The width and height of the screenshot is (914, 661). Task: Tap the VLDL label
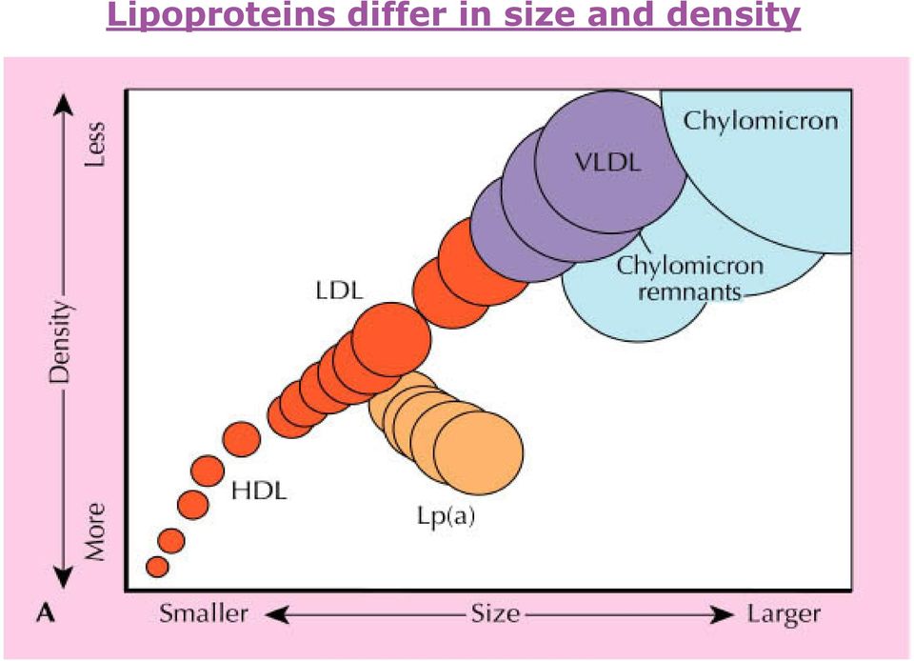pos(608,162)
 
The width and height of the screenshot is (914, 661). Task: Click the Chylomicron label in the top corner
pos(761,121)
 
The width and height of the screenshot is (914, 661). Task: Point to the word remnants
pos(689,291)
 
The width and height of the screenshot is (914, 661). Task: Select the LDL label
pos(339,290)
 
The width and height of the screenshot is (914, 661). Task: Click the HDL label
pos(259,491)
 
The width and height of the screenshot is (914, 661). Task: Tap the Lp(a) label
pos(446,516)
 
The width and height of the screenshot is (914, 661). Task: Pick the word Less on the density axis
pos(95,144)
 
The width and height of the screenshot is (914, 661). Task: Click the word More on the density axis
pos(95,531)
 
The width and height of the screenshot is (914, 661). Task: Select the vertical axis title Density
pos(59,342)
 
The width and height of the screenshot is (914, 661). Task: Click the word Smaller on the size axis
pos(204,613)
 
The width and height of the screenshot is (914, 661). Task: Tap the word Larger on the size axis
pos(784,614)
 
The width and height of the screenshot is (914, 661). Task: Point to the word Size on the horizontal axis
pos(495,613)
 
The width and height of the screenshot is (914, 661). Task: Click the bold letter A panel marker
pos(46,613)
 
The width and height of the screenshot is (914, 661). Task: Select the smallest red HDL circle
pos(157,567)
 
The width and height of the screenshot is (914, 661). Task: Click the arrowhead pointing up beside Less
pos(63,105)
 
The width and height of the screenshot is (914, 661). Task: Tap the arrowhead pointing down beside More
pos(63,576)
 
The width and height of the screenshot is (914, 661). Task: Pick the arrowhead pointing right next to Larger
pos(724,614)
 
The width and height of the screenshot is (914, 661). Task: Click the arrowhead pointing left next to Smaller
pos(277,614)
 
